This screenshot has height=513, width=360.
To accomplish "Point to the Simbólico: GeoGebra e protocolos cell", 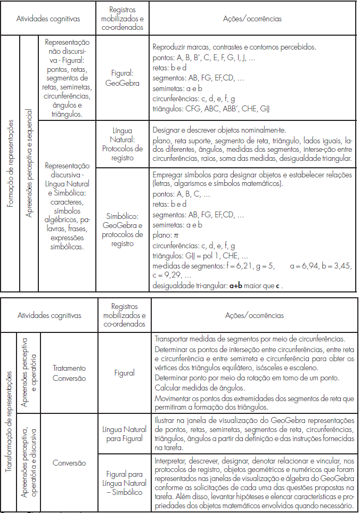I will tap(122, 230).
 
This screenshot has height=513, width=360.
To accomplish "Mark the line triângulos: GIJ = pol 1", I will tap(200, 255).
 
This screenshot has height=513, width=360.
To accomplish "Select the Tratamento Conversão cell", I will tap(69, 373).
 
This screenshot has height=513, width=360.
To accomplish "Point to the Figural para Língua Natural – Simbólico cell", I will tap(122, 483).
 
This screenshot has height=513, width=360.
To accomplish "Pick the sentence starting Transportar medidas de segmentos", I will tap(249, 338).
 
